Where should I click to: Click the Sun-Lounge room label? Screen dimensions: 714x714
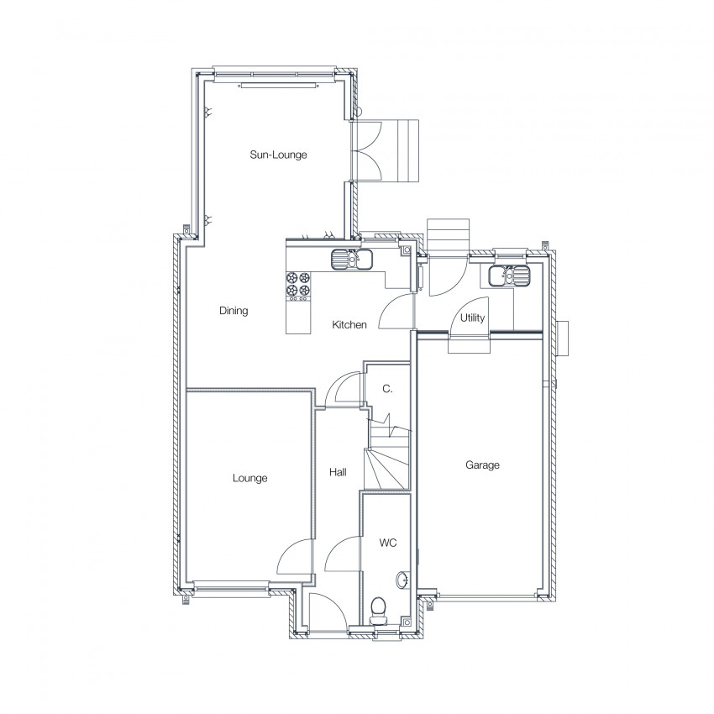click(x=278, y=155)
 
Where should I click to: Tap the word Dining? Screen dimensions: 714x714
click(x=234, y=311)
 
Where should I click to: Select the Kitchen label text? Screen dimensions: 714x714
click(x=349, y=325)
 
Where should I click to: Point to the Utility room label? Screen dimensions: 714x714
click(x=472, y=318)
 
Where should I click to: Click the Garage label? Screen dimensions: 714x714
click(x=482, y=465)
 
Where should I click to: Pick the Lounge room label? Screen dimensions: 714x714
click(x=250, y=478)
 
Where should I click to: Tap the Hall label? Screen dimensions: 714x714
click(x=338, y=472)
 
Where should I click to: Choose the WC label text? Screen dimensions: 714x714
click(x=388, y=543)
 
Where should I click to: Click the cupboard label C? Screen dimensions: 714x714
click(x=387, y=389)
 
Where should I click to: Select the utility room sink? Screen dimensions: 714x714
click(x=509, y=276)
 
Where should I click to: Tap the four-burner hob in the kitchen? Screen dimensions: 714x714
click(x=298, y=284)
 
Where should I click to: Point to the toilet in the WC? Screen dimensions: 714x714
click(x=378, y=611)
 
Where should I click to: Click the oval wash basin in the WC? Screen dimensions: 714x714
click(x=402, y=580)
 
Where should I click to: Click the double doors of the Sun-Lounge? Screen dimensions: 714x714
click(x=366, y=152)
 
